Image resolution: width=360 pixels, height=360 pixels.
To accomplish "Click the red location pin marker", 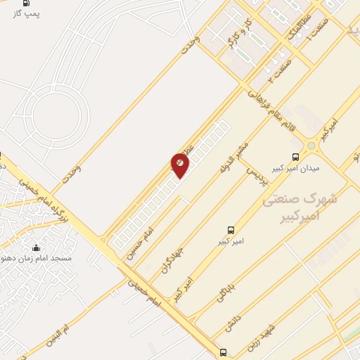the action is [x=180, y=165].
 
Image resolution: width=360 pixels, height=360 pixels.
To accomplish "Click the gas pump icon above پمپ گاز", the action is [x=27, y=3].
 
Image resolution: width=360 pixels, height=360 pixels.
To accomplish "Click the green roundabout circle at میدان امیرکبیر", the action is [x=311, y=146].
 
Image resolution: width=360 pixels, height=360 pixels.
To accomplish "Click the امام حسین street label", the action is [x=138, y=245].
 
